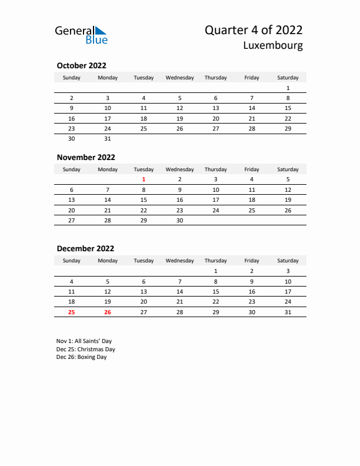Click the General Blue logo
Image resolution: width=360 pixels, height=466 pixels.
(81, 34)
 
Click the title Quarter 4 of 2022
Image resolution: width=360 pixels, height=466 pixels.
(254, 31)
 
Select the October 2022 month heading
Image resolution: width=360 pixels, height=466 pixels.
(81, 66)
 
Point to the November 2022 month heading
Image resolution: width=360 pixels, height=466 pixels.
(86, 157)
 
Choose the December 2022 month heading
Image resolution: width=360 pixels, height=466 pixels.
(85, 248)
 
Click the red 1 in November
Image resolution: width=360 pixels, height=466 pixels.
(144, 179)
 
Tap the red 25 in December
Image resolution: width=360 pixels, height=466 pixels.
(72, 312)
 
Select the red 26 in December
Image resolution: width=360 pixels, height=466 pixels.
(108, 312)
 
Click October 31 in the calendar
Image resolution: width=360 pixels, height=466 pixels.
(108, 139)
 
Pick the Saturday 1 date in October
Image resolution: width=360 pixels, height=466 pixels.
(288, 88)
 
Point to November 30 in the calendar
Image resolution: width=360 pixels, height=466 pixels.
(179, 220)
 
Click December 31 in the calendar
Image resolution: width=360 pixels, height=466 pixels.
(288, 312)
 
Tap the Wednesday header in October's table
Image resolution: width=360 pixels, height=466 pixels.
(179, 78)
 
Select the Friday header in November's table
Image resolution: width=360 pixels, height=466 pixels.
(252, 169)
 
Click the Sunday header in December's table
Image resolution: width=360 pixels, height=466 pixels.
(72, 261)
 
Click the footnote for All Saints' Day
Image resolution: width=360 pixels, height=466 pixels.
(84, 341)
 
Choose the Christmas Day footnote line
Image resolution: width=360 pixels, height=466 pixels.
(86, 349)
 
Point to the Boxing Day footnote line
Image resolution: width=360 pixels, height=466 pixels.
(82, 357)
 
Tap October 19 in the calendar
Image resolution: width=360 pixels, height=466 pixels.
(179, 118)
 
